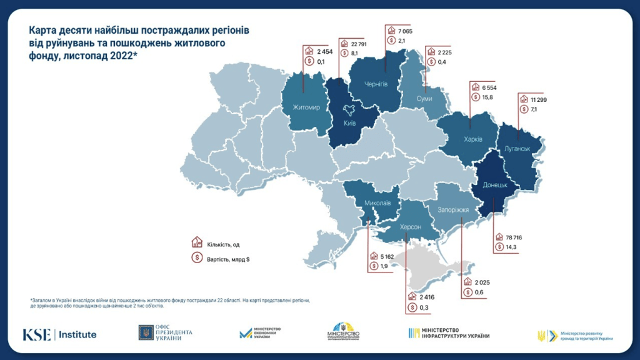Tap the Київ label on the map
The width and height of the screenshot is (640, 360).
click(350, 124)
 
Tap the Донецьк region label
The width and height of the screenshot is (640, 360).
click(499, 186)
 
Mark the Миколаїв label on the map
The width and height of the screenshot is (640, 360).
click(377, 202)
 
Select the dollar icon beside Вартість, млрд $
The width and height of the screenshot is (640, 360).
click(196, 257)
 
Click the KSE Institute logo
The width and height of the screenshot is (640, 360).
click(60, 334)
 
